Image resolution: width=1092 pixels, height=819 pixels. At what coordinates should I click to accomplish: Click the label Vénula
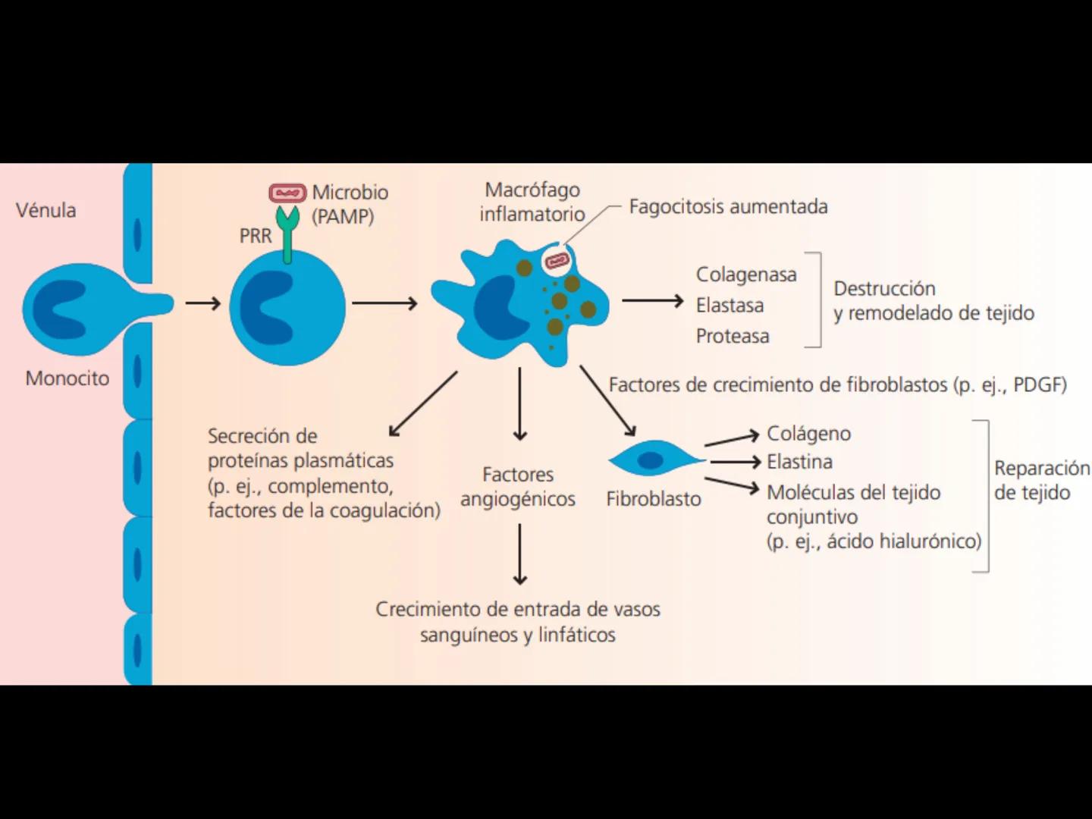[46, 210]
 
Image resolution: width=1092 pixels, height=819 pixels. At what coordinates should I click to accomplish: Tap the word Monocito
[67, 378]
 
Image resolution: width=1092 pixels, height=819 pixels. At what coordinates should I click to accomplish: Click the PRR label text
[255, 236]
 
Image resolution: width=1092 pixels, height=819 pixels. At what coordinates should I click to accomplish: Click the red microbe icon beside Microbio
[287, 193]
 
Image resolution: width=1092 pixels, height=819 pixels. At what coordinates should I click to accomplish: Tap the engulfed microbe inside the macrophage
[557, 261]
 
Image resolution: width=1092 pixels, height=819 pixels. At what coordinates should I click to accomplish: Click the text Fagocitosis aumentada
[728, 206]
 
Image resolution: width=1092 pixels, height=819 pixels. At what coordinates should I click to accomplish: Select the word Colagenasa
[746, 275]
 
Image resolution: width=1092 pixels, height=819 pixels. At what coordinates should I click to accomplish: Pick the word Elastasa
[730, 306]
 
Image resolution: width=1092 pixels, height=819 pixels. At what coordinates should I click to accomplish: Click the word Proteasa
[733, 336]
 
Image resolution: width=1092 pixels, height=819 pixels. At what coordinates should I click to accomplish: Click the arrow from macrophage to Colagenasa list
[652, 301]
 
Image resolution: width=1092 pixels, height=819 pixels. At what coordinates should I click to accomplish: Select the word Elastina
[799, 461]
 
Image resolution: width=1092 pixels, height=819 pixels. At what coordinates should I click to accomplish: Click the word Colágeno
[808, 433]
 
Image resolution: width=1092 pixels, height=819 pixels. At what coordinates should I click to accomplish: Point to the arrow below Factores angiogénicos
[519, 554]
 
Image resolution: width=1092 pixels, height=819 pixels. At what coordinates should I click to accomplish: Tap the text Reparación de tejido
[1040, 480]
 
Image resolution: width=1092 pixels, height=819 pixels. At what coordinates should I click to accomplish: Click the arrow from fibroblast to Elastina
[734, 461]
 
